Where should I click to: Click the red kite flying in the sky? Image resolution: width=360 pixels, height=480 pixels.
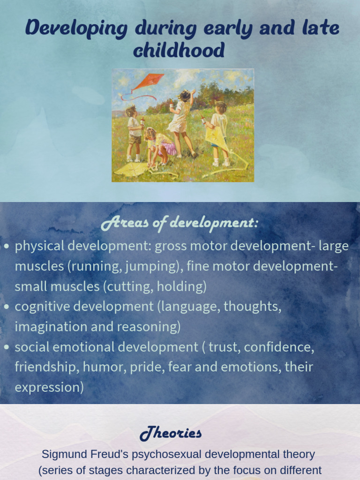148,80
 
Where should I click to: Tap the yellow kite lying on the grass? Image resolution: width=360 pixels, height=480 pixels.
131,169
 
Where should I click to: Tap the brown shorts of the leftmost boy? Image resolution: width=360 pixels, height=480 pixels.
135,139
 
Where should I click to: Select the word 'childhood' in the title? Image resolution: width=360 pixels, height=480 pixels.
179,51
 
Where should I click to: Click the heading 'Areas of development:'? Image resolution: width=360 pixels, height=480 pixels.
180,224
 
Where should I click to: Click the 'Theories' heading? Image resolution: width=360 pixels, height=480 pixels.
171,433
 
